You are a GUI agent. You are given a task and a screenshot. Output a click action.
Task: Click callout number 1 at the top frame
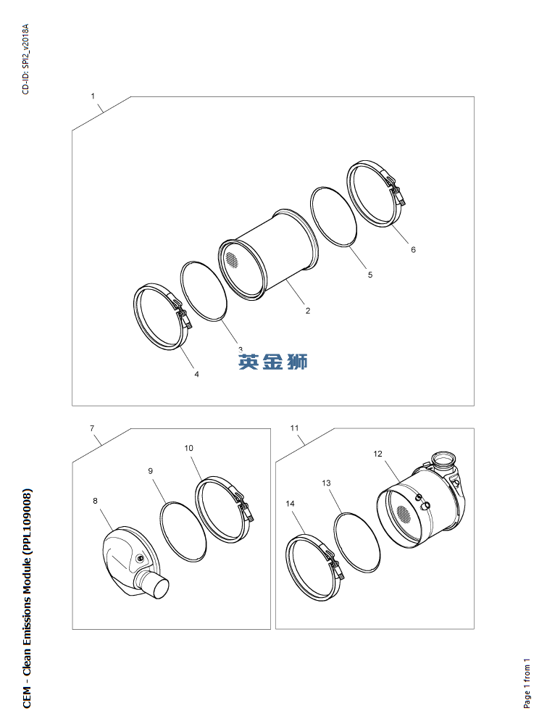[x=93, y=96]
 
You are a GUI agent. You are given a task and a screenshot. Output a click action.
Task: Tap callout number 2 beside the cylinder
[x=308, y=311]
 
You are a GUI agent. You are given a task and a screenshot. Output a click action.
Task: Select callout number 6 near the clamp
[x=413, y=249]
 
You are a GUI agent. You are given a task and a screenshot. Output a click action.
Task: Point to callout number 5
[x=369, y=275]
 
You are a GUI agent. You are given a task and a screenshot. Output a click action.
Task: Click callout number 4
[x=196, y=375]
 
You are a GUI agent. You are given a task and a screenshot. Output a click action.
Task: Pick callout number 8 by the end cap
[x=95, y=501]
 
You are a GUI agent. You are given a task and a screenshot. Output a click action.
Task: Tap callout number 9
[x=151, y=471]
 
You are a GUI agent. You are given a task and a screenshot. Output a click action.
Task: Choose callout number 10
[x=189, y=448]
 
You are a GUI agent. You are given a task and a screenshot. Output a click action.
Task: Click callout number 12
[x=377, y=454]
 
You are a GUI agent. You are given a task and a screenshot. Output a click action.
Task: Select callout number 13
[x=326, y=483]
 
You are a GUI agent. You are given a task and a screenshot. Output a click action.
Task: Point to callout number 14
[x=290, y=503]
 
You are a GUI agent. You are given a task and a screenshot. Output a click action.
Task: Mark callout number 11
[x=294, y=428]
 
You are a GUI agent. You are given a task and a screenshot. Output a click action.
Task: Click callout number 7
[x=92, y=428]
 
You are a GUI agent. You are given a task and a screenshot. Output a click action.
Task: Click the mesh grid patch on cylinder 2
[x=232, y=260]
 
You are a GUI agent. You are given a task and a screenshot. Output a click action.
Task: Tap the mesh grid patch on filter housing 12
[x=404, y=511]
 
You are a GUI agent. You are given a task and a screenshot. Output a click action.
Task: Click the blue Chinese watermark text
[x=273, y=362]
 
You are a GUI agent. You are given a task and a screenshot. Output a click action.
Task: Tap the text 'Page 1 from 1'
[x=527, y=683]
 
